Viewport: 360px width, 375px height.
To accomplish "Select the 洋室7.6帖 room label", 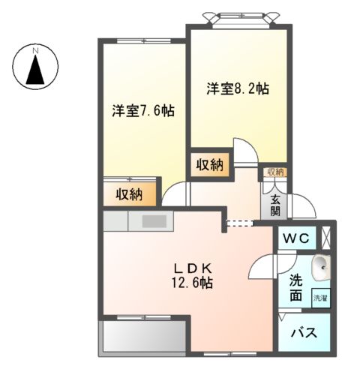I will click(x=143, y=111).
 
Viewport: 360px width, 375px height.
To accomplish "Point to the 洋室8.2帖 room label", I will click(x=238, y=88).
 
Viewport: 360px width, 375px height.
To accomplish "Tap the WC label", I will click(x=298, y=238).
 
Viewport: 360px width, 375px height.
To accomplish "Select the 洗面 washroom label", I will click(x=296, y=288).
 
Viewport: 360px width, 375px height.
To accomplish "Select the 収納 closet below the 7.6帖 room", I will click(x=130, y=194).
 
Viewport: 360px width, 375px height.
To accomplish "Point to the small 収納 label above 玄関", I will click(x=275, y=172).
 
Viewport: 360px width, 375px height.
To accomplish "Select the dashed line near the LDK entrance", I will click(x=241, y=222).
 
